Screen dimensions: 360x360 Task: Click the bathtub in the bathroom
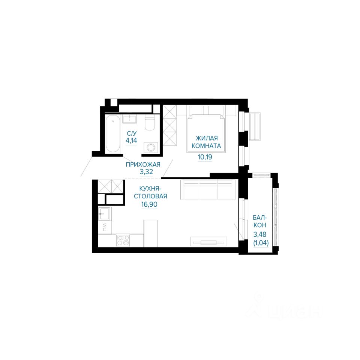point(113,134)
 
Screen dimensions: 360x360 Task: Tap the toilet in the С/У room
point(150,123)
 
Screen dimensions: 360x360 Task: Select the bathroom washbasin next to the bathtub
point(129,119)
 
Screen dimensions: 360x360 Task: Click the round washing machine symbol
point(151,147)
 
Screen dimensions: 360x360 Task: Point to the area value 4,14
point(131,140)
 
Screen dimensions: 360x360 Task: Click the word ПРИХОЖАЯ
point(143,164)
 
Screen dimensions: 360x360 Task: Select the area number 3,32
point(147,171)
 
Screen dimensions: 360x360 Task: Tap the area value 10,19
point(205,157)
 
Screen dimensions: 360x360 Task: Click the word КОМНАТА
point(206,146)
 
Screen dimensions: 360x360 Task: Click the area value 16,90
point(149,204)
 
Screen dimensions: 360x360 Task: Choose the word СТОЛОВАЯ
point(150,196)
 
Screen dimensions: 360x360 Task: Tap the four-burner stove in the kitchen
point(123,240)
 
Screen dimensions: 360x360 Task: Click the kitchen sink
point(105,214)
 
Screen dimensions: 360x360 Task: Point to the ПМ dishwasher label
point(105,228)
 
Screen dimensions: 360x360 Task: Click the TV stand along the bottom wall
point(208,242)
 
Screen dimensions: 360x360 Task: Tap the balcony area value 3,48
point(259,234)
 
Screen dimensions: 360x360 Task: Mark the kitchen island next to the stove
point(150,233)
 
